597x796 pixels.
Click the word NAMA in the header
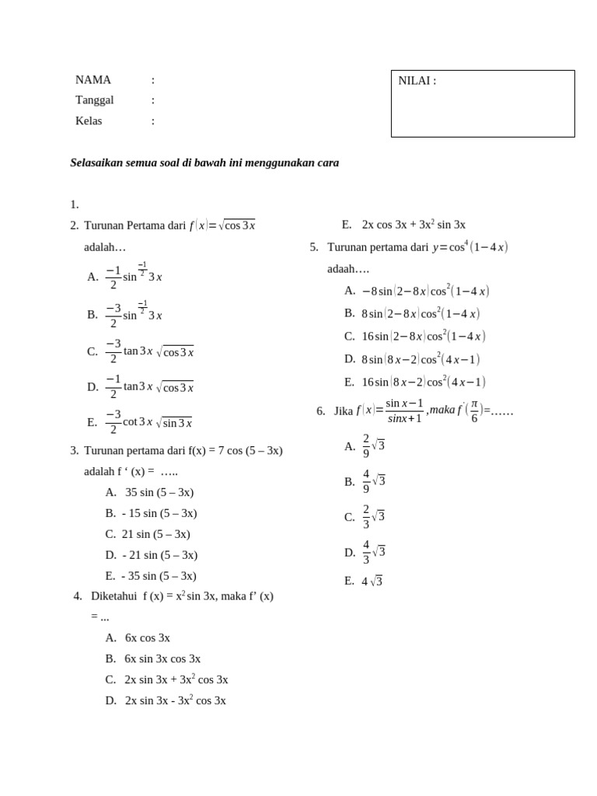coord(93,80)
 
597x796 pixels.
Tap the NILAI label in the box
coord(417,81)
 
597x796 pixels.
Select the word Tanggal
coord(94,100)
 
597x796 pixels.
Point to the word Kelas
coord(89,121)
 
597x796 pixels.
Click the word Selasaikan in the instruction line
coord(97,163)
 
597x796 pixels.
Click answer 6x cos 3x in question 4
coord(147,637)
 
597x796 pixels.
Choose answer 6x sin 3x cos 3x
coord(162,658)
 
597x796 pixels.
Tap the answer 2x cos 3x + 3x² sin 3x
coord(413,225)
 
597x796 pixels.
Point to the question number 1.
coord(74,204)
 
